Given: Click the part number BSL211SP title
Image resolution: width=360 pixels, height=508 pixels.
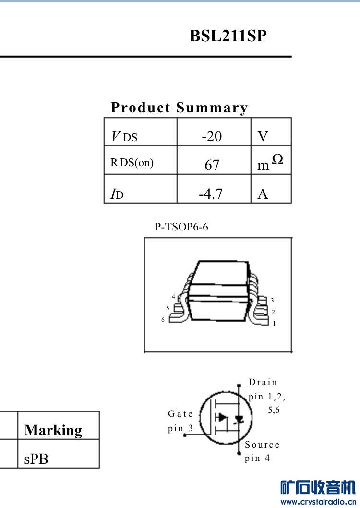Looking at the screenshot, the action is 228,36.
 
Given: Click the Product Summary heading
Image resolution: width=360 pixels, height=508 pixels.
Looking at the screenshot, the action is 180,108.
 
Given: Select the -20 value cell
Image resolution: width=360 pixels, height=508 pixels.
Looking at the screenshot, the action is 212,136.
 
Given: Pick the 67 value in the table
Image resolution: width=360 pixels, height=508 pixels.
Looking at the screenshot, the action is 212,165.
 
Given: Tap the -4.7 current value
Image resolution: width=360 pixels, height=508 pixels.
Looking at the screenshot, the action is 211,194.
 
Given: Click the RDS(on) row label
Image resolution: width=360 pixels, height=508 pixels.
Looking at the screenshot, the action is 132,162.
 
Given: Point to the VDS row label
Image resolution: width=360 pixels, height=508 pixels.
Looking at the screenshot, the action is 124,136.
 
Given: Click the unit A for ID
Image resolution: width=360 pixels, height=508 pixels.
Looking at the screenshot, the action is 263,194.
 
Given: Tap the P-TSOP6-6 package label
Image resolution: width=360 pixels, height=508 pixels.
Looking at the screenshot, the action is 181,227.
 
